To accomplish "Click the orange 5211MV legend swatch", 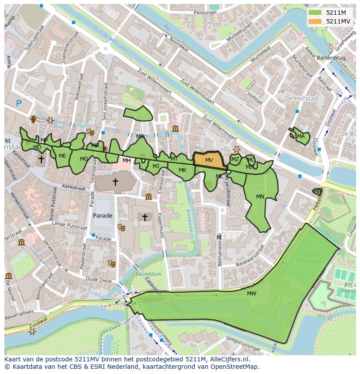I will point(316,21).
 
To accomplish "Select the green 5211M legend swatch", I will point(316,13).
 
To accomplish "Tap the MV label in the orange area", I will point(209,160).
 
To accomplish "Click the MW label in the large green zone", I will point(251,294).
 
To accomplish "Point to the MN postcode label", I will point(260,197).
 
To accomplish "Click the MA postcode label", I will point(301,136).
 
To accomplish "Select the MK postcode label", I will point(183,170).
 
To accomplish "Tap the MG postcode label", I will point(84,159).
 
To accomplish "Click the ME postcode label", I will point(63,156).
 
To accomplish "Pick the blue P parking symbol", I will point(19,103).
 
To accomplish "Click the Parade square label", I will point(103,216).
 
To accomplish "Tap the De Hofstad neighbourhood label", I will point(301,99).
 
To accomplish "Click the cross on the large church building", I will point(115,182).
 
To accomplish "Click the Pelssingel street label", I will point(205,13).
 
